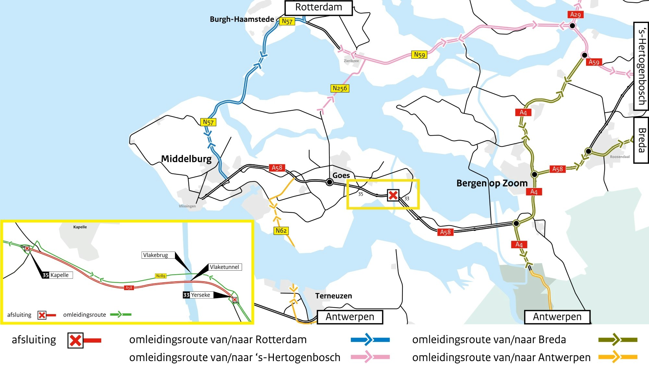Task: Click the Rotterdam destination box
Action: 318,8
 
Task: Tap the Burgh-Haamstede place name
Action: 242,19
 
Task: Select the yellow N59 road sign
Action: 420,55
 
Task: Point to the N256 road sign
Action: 340,88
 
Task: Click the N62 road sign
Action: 281,230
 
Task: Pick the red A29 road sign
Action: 575,15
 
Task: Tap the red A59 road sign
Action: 594,62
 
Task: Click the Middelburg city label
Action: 186,159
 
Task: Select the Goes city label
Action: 341,175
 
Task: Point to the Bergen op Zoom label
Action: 492,183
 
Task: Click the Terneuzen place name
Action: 333,296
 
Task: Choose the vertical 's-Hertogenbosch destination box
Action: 641,66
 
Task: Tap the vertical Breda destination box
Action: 641,140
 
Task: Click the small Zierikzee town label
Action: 351,61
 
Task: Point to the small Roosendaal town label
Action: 619,157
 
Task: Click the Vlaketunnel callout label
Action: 225,267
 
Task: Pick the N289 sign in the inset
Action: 161,276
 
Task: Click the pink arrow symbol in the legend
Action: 370,357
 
